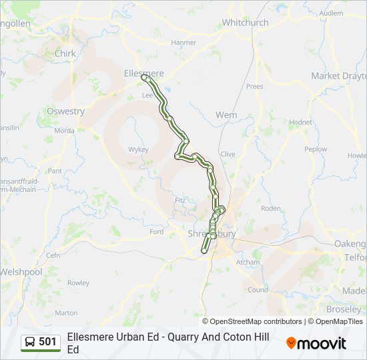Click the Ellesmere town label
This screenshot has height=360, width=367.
[x=143, y=73]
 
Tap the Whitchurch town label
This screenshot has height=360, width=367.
[x=245, y=23]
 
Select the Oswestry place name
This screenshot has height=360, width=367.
[x=66, y=111]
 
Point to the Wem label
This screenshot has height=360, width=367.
[x=226, y=115]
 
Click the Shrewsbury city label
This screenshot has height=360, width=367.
[x=212, y=234]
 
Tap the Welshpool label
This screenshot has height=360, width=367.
[x=21, y=272]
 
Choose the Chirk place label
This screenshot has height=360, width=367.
[x=65, y=53]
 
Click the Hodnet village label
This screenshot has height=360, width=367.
[x=300, y=123]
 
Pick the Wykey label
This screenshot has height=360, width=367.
[x=138, y=149]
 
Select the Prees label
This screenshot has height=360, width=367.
[x=254, y=87]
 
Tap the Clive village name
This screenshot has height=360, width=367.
[x=228, y=154]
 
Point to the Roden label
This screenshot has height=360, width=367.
[x=270, y=209]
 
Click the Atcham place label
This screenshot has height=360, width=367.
[x=248, y=263]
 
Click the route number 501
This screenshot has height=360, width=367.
[x=47, y=342]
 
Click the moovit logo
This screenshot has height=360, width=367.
[x=316, y=343]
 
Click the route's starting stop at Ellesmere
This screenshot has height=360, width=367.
[x=144, y=78]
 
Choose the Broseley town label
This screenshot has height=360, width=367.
[x=344, y=309]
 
